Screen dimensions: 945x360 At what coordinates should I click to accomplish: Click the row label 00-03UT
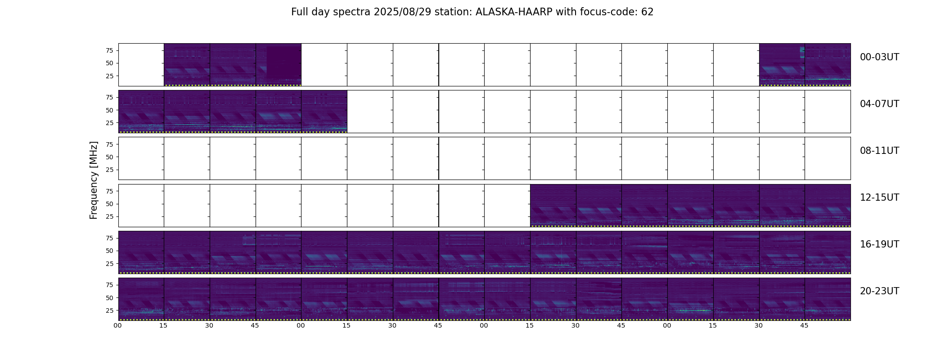(x=879, y=57)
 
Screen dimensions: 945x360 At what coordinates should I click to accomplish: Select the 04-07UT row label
(x=879, y=104)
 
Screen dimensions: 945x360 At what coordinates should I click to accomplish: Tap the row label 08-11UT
(x=879, y=151)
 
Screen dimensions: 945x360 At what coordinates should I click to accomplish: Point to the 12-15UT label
(x=879, y=198)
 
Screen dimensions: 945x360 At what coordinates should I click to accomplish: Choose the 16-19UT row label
(x=879, y=244)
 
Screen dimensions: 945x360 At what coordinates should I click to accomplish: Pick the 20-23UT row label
(x=879, y=291)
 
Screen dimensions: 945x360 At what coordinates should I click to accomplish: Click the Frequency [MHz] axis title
(x=94, y=180)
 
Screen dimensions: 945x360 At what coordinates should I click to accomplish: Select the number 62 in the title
(x=647, y=12)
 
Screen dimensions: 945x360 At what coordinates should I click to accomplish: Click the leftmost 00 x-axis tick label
(x=118, y=325)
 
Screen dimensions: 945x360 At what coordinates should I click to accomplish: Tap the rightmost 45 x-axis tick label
(x=804, y=325)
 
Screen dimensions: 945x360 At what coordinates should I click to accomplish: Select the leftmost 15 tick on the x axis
(x=163, y=325)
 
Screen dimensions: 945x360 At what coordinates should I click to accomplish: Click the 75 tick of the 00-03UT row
(x=109, y=50)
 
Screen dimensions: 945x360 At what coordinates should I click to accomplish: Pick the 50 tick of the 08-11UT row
(x=109, y=157)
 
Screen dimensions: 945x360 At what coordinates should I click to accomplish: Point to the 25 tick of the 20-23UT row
(x=109, y=310)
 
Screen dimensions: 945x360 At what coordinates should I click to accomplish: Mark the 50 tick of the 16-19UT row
(x=109, y=251)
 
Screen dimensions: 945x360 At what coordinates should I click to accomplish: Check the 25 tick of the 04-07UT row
(x=109, y=123)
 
